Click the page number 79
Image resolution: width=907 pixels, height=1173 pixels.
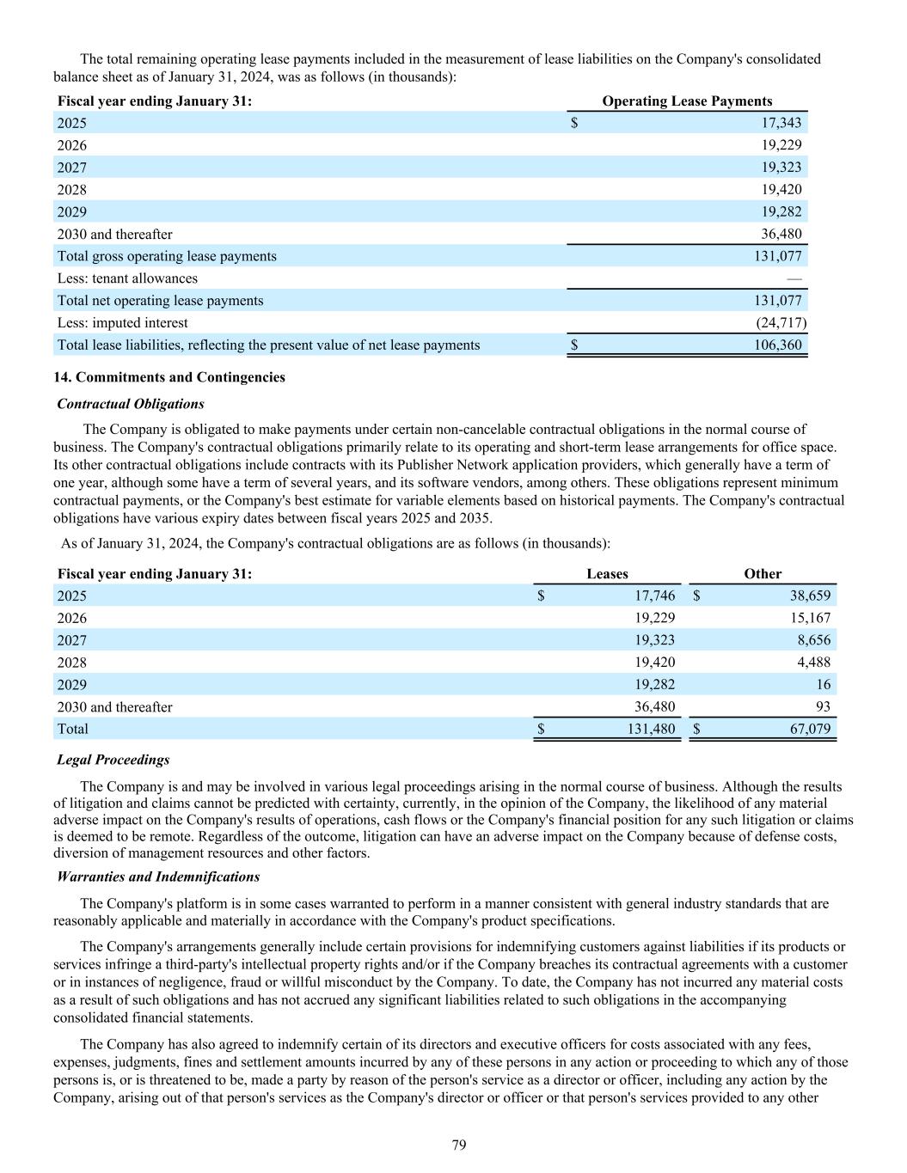click(459, 1145)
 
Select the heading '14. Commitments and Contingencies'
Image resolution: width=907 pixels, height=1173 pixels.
click(169, 377)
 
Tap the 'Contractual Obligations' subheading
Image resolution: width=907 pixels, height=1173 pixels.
click(131, 404)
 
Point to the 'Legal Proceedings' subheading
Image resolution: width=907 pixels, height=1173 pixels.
click(113, 760)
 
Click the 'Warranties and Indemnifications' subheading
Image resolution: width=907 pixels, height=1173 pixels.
click(158, 877)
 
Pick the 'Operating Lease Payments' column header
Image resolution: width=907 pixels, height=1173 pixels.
click(687, 101)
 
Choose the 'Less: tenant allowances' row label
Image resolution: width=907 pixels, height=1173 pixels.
click(127, 278)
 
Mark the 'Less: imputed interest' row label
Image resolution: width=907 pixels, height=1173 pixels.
click(122, 323)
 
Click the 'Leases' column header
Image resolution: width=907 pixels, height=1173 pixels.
click(607, 574)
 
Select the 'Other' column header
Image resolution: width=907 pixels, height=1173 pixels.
click(763, 574)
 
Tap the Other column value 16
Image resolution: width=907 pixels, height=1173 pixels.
click(824, 685)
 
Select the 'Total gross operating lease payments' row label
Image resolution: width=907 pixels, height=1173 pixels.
click(167, 256)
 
